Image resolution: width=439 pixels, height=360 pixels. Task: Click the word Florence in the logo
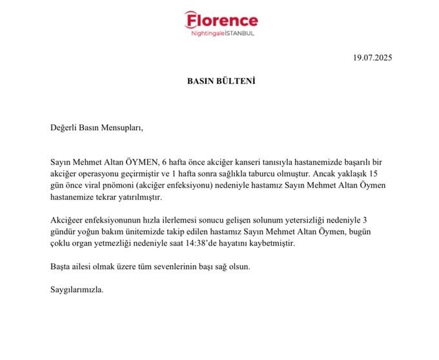tap(223, 21)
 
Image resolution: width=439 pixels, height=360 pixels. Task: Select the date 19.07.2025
tap(373, 57)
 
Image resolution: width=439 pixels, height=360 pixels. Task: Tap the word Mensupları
tap(121, 127)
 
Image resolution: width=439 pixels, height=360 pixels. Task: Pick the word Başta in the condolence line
tap(61, 266)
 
